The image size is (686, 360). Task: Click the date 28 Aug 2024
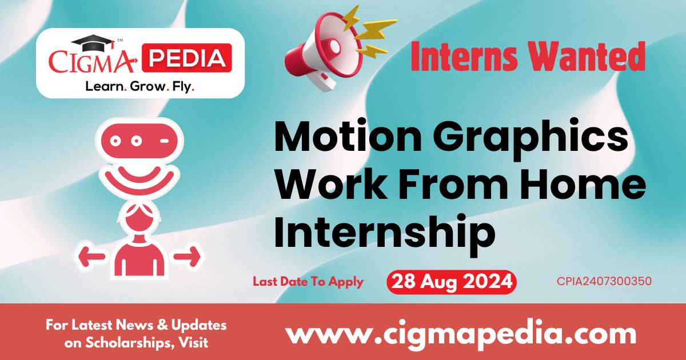(x=451, y=282)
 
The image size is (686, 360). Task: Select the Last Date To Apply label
(x=308, y=282)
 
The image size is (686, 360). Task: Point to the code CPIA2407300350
(x=604, y=282)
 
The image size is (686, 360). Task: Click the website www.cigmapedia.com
(x=461, y=333)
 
